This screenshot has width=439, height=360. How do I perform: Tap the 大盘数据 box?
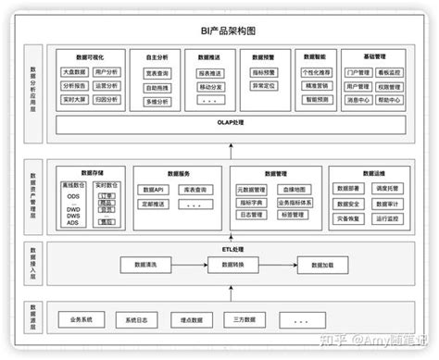[74, 71]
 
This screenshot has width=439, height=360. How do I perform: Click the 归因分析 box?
[107, 99]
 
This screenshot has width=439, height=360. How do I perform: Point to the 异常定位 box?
[264, 86]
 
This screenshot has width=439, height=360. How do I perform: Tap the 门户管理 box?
[357, 71]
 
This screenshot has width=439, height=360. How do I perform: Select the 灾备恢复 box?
[349, 218]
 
